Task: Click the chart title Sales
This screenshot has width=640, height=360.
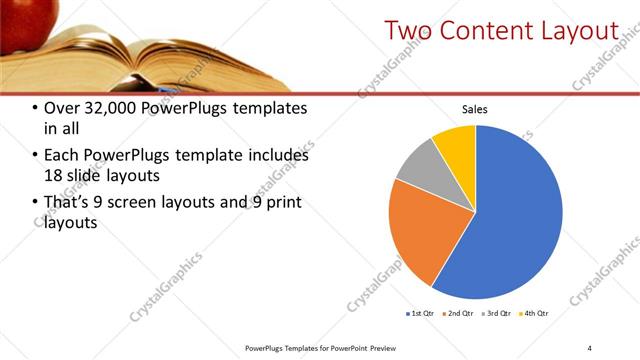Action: [x=475, y=110]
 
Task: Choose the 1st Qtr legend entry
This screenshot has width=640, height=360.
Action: [x=418, y=313]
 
